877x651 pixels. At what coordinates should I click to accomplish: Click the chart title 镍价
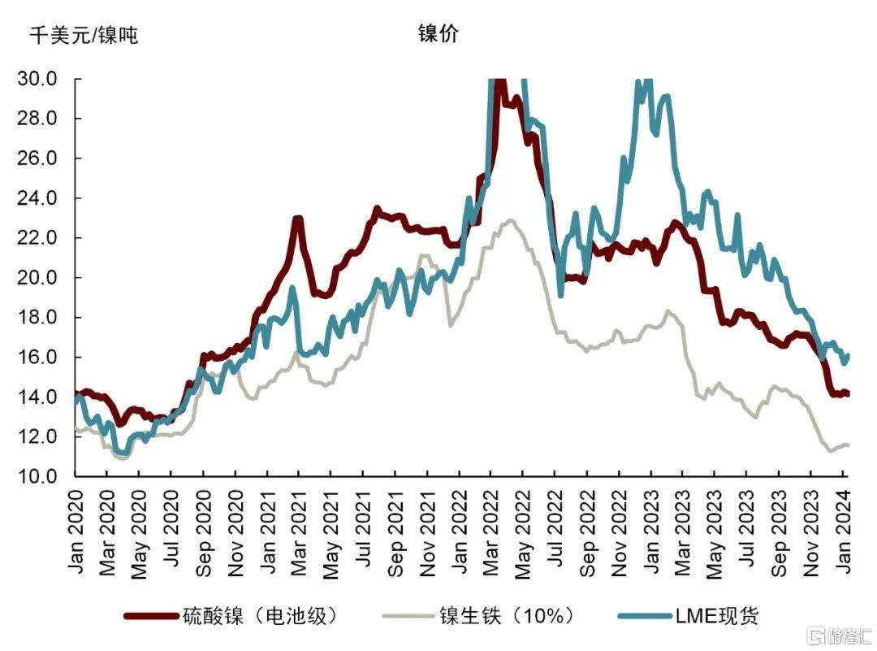(x=438, y=34)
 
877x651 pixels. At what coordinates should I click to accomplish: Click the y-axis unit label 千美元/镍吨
(x=84, y=36)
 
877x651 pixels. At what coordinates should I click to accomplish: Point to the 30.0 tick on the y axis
(x=37, y=80)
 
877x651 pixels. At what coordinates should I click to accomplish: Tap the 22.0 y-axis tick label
(x=37, y=238)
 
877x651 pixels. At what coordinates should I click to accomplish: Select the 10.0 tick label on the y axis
(x=37, y=476)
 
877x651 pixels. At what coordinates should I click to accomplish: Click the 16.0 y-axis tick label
(x=37, y=358)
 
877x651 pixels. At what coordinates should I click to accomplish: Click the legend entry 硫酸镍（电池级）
(x=259, y=615)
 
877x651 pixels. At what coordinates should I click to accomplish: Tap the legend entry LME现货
(x=714, y=615)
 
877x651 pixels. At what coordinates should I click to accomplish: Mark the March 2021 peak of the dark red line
(x=298, y=218)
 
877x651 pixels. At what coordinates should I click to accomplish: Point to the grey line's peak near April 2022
(x=510, y=219)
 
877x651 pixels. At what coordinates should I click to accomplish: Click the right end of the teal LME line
(x=848, y=355)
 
